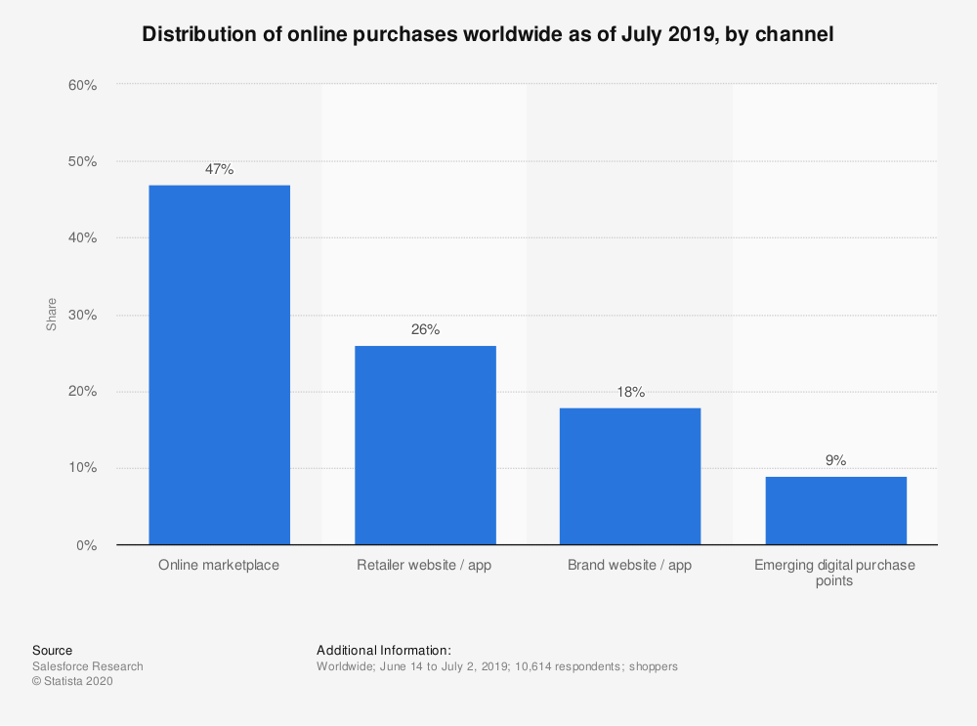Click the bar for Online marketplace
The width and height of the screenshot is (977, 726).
click(219, 364)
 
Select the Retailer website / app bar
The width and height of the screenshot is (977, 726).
click(425, 446)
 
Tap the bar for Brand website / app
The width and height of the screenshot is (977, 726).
click(630, 476)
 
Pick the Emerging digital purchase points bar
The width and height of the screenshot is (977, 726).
click(835, 510)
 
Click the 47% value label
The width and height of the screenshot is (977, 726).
click(219, 169)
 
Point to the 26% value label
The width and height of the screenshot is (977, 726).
click(425, 329)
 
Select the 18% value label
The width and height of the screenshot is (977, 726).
click(630, 392)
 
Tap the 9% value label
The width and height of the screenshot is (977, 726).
click(835, 460)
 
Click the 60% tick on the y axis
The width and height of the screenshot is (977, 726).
click(82, 85)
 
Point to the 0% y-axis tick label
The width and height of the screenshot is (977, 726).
click(87, 545)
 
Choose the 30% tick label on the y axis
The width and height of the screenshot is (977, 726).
click(82, 316)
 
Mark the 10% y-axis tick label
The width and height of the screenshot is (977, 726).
click(82, 468)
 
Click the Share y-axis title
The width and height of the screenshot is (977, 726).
click(51, 315)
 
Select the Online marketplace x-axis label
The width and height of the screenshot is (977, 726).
click(219, 566)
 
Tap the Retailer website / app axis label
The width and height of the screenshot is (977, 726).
click(425, 566)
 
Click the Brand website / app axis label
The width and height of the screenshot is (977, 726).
click(630, 566)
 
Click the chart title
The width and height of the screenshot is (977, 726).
click(488, 35)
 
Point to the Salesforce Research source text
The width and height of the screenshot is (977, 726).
click(88, 666)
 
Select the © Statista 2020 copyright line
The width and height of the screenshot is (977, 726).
click(72, 682)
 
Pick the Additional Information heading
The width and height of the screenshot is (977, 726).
click(384, 650)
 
